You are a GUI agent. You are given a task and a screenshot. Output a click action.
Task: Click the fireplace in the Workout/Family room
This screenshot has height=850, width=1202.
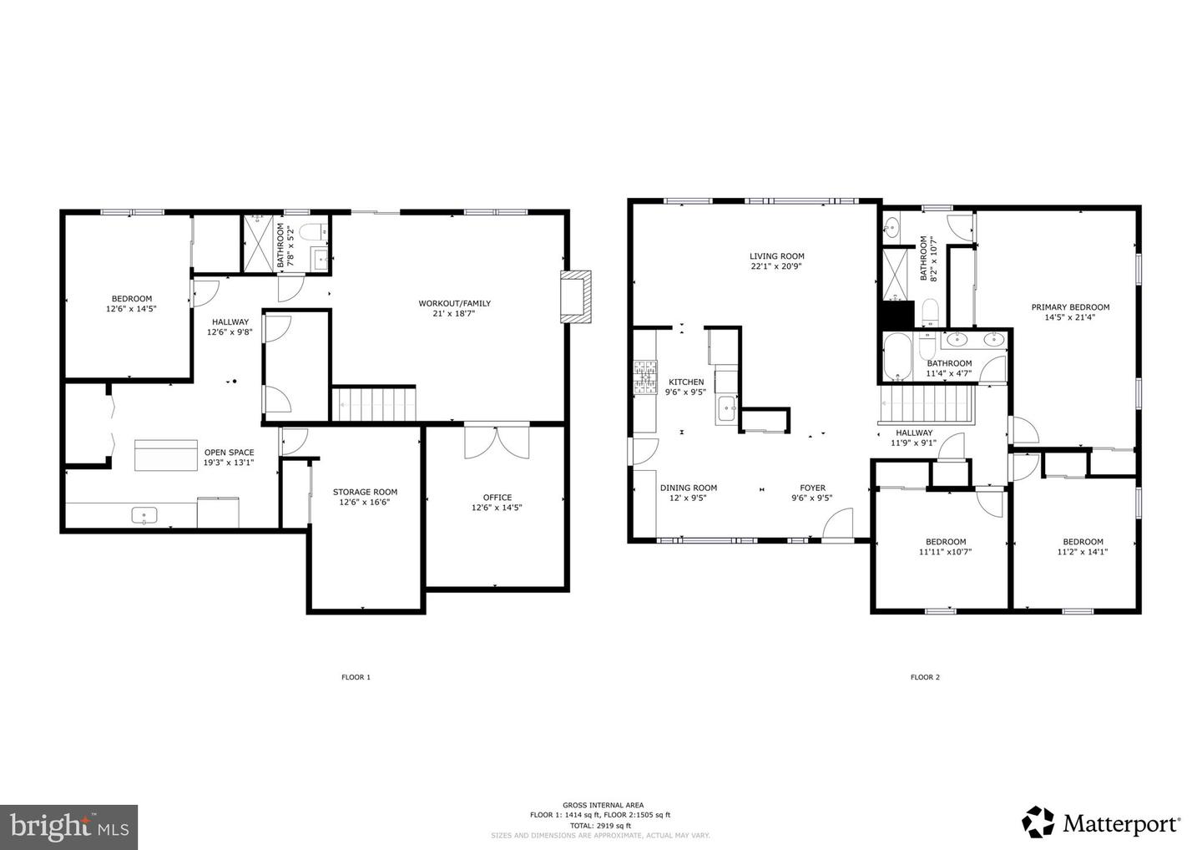point(576,296)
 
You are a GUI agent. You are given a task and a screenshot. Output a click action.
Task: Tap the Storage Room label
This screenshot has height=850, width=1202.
point(365,492)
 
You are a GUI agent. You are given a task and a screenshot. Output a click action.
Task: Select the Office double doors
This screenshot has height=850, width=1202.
point(497,442)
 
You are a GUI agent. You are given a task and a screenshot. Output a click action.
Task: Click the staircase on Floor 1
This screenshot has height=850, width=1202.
point(374,404)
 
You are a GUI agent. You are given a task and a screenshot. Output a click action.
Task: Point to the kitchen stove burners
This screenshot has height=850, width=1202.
point(646,377)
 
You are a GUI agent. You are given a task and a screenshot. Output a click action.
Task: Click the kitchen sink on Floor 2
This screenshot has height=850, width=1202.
point(726,409)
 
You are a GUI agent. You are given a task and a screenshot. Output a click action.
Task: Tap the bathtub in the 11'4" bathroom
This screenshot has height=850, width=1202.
point(898,357)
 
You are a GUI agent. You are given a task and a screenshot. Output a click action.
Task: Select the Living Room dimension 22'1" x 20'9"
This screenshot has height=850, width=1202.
point(776,267)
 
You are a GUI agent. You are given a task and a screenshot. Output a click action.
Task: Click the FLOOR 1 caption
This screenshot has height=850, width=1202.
point(356,677)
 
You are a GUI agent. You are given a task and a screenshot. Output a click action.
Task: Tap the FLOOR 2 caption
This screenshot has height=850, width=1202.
point(925,677)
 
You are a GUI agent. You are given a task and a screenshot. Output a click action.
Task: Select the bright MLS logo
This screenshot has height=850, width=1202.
point(68,827)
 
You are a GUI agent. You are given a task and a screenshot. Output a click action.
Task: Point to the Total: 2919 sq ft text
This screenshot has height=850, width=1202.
point(600,825)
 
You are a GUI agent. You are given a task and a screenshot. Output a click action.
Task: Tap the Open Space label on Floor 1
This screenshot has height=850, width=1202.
point(229,453)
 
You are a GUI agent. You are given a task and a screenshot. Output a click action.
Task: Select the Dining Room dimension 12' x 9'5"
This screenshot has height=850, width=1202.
point(689,498)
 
